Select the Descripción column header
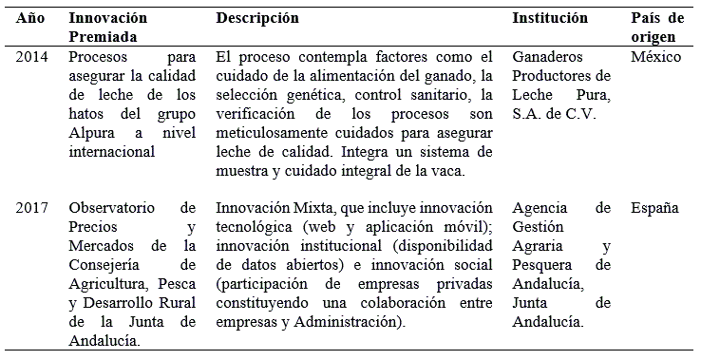click(x=257, y=18)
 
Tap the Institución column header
click(x=550, y=18)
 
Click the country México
click(x=655, y=57)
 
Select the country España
click(x=654, y=208)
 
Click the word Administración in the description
click(x=359, y=322)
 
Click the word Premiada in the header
click(x=103, y=36)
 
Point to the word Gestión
click(x=538, y=227)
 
